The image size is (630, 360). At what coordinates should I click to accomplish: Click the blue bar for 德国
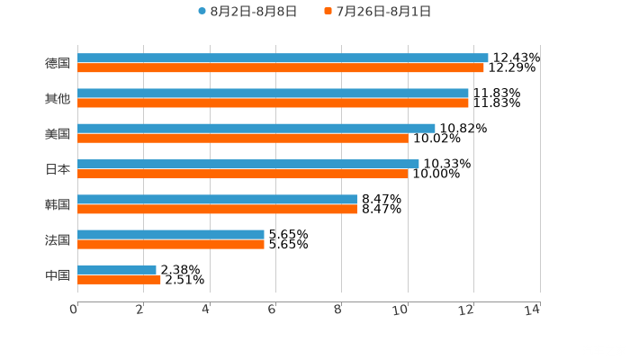(x=283, y=58)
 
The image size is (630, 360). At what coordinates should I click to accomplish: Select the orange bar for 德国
(x=281, y=67)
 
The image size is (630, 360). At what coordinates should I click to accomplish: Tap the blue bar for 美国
(x=256, y=128)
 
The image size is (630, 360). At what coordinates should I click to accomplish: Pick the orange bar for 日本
(x=243, y=174)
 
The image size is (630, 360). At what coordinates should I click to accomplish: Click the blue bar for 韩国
(x=217, y=199)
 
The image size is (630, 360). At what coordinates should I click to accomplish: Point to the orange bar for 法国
(x=171, y=244)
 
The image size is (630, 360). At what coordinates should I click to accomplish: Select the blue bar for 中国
(x=117, y=269)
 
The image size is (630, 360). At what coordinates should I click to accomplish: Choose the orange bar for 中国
(x=119, y=279)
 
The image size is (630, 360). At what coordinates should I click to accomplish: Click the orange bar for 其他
(x=273, y=103)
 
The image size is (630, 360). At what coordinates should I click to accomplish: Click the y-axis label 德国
(x=58, y=63)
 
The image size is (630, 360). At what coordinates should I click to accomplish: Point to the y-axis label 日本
(x=58, y=169)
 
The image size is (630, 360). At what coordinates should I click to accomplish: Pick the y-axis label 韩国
(x=58, y=204)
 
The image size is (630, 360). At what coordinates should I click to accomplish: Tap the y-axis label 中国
(x=58, y=274)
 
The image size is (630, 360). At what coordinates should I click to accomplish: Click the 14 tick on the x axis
(x=533, y=310)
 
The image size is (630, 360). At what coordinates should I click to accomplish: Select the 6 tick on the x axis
(x=272, y=310)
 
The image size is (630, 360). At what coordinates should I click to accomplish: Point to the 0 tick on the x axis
(x=74, y=310)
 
